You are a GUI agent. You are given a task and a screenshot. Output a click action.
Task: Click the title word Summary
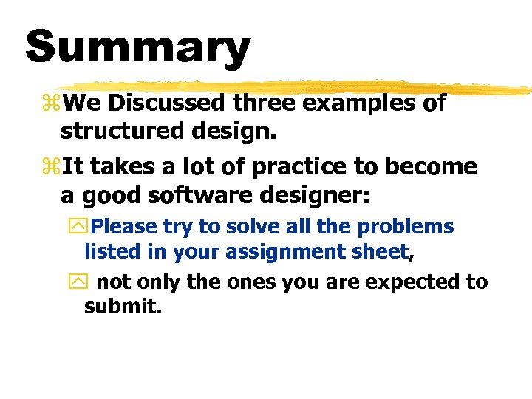138,47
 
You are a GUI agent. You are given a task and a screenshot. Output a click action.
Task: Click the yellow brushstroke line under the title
296,87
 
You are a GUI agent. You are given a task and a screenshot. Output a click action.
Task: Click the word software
192,195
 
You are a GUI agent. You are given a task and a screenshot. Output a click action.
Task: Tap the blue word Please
125,227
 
